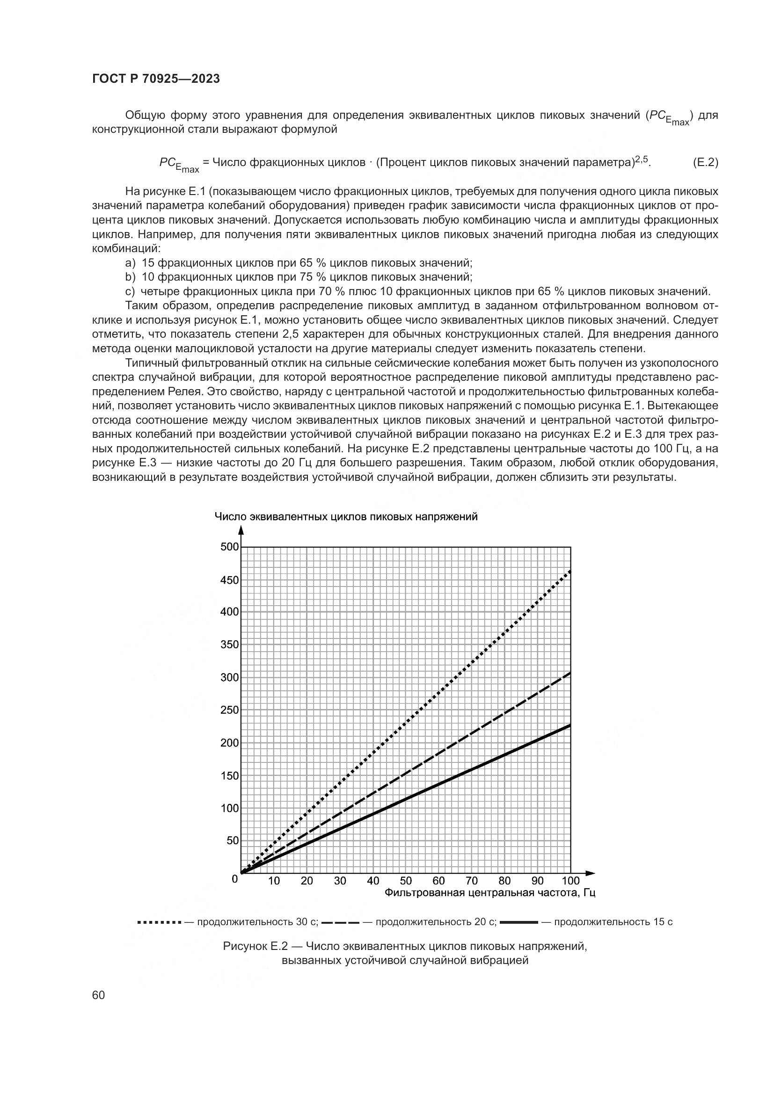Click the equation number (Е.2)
pyautogui.click(x=705, y=162)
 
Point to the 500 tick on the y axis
pyautogui.click(x=230, y=546)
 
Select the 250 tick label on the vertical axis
pyautogui.click(x=230, y=710)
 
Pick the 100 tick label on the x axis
pyautogui.click(x=570, y=881)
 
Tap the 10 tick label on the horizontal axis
pyautogui.click(x=274, y=881)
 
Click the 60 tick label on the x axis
pyautogui.click(x=439, y=881)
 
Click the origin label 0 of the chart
pyautogui.click(x=234, y=879)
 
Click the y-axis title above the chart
pyautogui.click(x=346, y=517)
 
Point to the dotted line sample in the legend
pyautogui.click(x=159, y=922)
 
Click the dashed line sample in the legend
pyautogui.click(x=340, y=922)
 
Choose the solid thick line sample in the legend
pyautogui.click(x=519, y=922)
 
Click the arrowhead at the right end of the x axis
pyautogui.click(x=591, y=873)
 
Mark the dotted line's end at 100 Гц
pyautogui.click(x=570, y=571)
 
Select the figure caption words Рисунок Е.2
pyautogui.click(x=256, y=946)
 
